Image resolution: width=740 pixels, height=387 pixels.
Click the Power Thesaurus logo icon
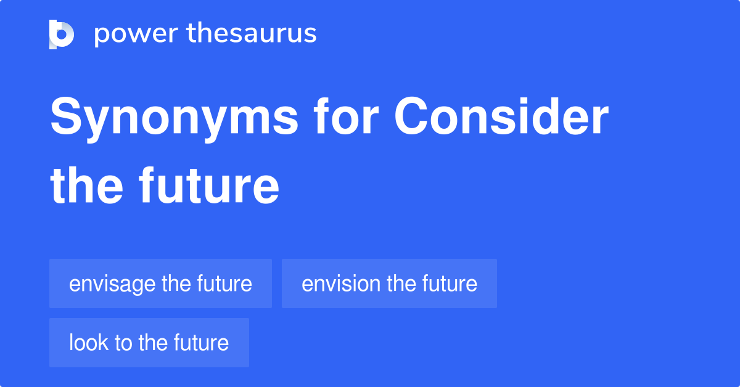(62, 35)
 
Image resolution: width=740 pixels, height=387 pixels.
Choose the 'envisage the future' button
(160, 283)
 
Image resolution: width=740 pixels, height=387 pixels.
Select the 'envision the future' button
(389, 283)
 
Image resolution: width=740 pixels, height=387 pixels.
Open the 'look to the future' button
(149, 343)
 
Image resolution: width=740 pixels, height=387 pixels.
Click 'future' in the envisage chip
(224, 283)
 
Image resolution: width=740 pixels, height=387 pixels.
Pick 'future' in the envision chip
(450, 283)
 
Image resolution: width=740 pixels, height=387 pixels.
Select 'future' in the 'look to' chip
(201, 343)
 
